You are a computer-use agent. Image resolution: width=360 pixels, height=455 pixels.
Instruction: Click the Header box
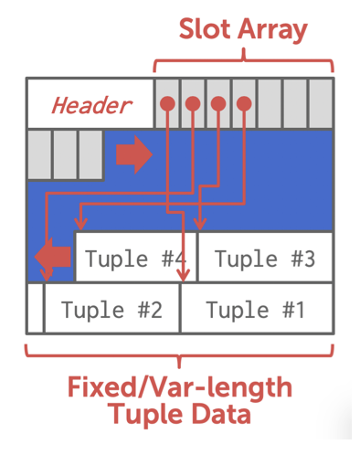click(x=90, y=104)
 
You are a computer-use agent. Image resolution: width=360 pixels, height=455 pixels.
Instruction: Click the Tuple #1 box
click(x=255, y=310)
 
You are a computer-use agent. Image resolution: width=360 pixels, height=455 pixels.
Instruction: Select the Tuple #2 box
click(x=111, y=310)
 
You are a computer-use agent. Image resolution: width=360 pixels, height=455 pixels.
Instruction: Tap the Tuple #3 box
click(x=265, y=259)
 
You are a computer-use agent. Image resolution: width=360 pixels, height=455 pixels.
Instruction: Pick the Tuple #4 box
click(x=135, y=259)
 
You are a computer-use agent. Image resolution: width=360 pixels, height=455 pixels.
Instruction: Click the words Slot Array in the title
click(x=242, y=29)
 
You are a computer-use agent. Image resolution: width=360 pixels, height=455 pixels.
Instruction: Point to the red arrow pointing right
click(x=133, y=155)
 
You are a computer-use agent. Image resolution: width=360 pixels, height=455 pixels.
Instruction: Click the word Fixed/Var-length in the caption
click(x=179, y=387)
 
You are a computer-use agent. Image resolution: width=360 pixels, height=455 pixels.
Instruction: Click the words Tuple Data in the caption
click(x=179, y=416)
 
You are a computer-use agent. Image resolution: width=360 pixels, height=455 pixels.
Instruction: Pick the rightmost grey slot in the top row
click(x=320, y=103)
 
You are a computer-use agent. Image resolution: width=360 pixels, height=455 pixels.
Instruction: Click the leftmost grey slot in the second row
click(x=39, y=153)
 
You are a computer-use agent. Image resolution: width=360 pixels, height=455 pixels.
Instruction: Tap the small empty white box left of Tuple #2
click(x=35, y=309)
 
